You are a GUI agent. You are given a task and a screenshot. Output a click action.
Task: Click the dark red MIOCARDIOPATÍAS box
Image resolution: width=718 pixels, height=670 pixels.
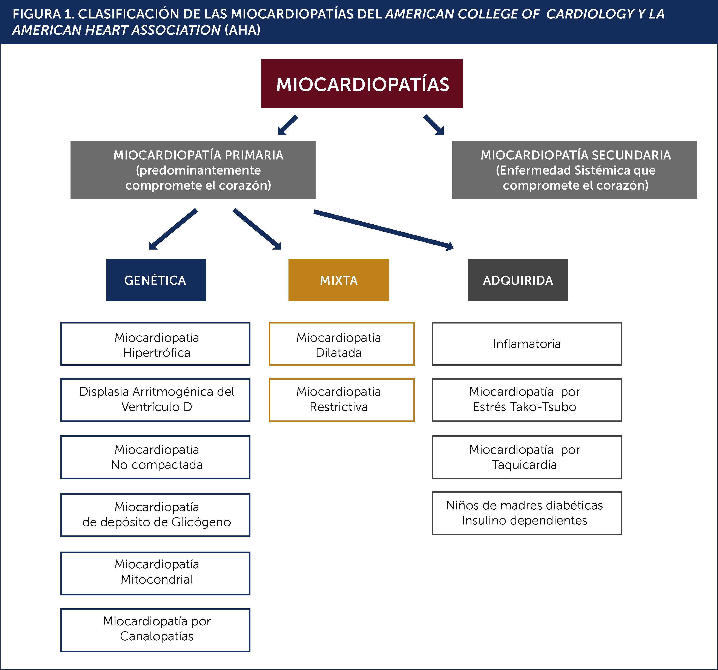pos(362,84)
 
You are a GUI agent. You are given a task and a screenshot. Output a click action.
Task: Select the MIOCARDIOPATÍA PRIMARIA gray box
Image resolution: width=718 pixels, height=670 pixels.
pos(193,170)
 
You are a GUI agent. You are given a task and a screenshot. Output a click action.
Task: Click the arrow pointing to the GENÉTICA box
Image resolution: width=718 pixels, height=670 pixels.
pos(173,229)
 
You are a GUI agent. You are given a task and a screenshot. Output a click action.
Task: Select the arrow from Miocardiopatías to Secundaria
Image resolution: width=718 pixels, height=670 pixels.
pos(433,125)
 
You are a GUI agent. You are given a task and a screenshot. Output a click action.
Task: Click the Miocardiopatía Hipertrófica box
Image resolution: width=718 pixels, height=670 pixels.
pos(155,344)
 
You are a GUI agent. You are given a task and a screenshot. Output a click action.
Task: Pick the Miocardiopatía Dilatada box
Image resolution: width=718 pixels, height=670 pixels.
pos(341,344)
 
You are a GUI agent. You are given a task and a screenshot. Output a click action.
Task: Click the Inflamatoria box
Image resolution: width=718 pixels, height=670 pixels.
pos(527,344)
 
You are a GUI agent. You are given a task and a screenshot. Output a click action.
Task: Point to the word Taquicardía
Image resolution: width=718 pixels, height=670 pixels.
pos(524,465)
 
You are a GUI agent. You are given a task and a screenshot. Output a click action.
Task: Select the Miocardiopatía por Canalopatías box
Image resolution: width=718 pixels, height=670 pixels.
pos(155,630)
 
